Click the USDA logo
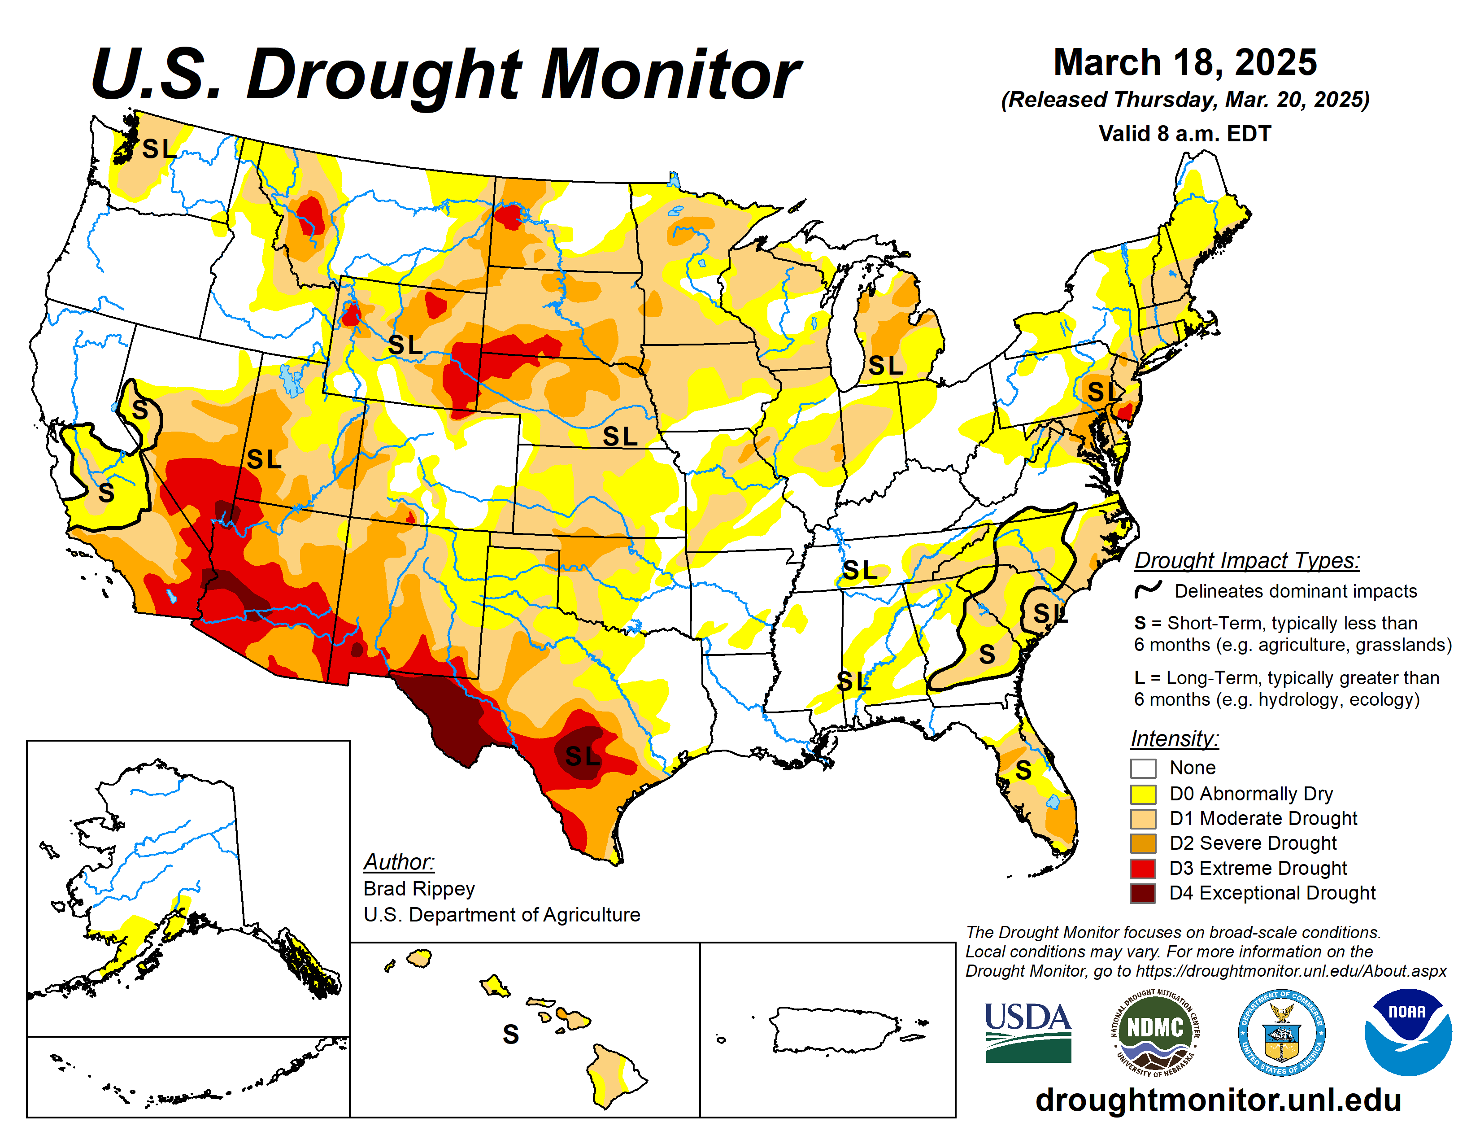click(1027, 1031)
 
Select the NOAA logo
click(1407, 1031)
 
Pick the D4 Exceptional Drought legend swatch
click(1143, 893)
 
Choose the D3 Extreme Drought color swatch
click(1143, 868)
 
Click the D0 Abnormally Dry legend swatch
click(1143, 794)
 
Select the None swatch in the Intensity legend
click(1143, 768)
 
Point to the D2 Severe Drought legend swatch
click(1143, 843)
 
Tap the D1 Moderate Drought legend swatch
click(1143, 819)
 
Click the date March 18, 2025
click(1184, 62)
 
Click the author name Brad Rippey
click(419, 888)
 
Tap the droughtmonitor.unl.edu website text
click(1218, 1099)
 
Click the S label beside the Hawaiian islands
click(510, 1034)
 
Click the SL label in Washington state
click(159, 148)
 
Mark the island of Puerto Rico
click(834, 1028)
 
